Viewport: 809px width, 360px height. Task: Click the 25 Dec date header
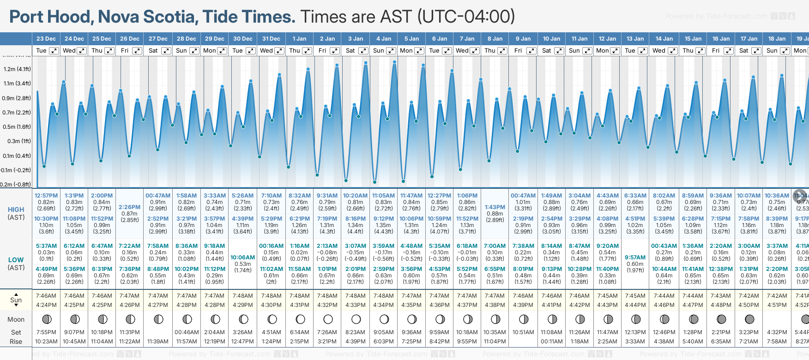[x=102, y=39]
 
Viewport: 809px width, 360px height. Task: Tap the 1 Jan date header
[x=299, y=39]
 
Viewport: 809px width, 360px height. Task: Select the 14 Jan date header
[x=665, y=39]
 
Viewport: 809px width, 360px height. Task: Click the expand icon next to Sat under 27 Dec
[x=166, y=51]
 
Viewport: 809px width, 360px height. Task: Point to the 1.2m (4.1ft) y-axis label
[x=17, y=69]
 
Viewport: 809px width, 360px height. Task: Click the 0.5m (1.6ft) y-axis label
[x=17, y=127]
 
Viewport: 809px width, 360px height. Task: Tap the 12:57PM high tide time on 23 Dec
[x=46, y=196]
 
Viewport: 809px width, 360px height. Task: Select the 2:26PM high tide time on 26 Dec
[x=129, y=207]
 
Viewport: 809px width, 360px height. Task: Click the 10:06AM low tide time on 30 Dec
[x=243, y=258]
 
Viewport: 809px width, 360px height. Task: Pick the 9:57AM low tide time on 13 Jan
[x=635, y=258]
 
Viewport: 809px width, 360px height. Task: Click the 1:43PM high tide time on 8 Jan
[x=495, y=207]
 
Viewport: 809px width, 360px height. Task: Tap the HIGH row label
[x=16, y=210]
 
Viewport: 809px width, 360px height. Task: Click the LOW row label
[x=16, y=260]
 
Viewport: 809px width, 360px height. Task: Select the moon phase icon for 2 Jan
[x=328, y=319]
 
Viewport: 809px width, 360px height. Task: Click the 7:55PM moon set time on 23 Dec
[x=46, y=332]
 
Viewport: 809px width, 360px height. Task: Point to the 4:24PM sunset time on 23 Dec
[x=46, y=305]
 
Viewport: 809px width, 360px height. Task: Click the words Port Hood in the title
[x=51, y=17]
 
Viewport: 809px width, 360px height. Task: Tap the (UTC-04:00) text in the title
[x=466, y=17]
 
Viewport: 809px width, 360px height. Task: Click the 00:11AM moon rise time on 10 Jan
[x=551, y=342]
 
